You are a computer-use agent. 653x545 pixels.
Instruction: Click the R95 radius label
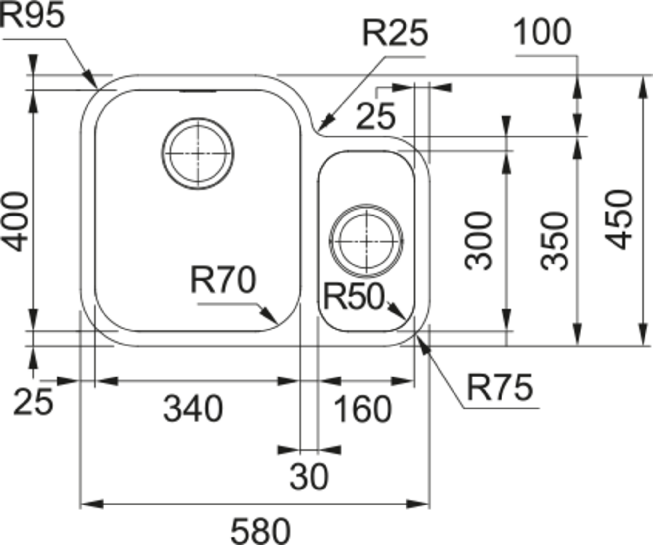(33, 15)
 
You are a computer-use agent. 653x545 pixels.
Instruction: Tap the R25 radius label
(395, 33)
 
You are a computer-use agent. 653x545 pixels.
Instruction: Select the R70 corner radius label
(223, 280)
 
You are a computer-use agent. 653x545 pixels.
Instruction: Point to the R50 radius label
(354, 296)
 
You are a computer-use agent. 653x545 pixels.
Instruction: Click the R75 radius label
(500, 388)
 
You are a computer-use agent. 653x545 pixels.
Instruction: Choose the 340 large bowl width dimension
(193, 409)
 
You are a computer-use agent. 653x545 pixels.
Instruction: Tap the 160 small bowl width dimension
(362, 409)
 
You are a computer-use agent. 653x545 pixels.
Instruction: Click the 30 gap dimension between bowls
(309, 476)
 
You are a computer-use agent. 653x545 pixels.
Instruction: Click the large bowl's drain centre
(198, 153)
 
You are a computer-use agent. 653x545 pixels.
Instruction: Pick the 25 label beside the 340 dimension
(33, 402)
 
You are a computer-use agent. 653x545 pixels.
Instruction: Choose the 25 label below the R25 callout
(375, 116)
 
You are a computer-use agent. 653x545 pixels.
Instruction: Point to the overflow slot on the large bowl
(198, 91)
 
